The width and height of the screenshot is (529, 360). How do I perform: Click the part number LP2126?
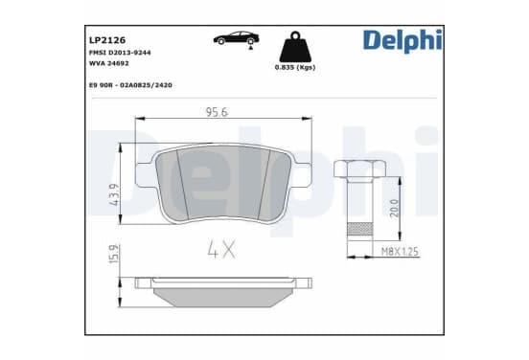tap(107, 40)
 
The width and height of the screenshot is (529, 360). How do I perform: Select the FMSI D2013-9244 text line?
tap(120, 53)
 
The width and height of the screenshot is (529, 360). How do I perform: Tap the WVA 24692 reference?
tap(109, 63)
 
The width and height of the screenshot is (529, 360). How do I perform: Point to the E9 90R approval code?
tap(130, 85)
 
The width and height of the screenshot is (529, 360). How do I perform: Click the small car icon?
tap(236, 38)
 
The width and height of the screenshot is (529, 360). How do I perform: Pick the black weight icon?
tap(295, 47)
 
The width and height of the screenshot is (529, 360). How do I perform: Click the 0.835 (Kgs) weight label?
tap(295, 67)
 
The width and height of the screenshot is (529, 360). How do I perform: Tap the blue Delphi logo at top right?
tap(402, 41)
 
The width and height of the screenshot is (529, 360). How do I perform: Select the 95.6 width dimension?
tap(217, 112)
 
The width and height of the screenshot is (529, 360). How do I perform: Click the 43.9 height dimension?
tap(114, 194)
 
